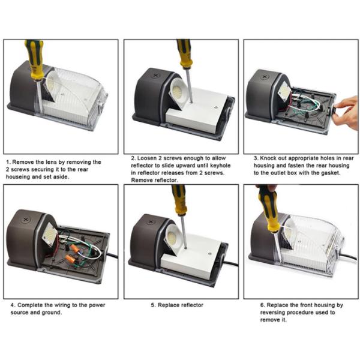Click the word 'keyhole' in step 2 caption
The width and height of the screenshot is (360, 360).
(x=220, y=166)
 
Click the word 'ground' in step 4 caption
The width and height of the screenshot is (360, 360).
(x=52, y=313)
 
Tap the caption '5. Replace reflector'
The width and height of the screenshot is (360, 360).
(x=177, y=305)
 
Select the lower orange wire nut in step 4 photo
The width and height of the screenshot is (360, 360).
(x=70, y=259)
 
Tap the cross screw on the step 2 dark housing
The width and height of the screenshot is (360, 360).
(x=156, y=75)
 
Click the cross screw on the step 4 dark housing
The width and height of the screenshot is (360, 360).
(x=26, y=220)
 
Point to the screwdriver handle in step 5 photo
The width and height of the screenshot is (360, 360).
(x=179, y=199)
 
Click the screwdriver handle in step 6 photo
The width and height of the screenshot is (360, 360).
(x=269, y=209)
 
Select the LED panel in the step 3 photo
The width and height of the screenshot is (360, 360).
(x=284, y=91)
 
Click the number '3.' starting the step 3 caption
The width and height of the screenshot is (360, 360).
(x=256, y=158)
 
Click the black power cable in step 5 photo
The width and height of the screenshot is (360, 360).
(x=230, y=263)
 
